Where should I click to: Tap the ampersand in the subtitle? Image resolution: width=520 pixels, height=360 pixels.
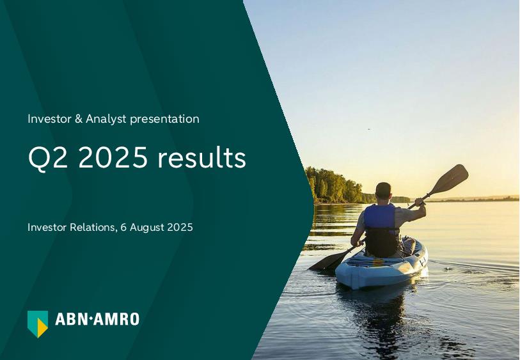click(x=78, y=119)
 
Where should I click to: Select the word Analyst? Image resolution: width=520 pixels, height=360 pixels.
click(x=106, y=119)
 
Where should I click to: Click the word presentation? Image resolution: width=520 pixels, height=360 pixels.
click(x=164, y=120)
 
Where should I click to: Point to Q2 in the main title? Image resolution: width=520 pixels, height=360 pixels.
click(x=48, y=158)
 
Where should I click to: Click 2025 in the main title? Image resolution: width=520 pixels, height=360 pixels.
click(x=113, y=157)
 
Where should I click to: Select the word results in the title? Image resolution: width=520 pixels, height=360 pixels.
click(x=201, y=157)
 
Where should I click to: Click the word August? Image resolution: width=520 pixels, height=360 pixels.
click(x=147, y=228)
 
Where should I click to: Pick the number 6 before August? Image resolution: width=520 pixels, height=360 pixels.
click(x=123, y=228)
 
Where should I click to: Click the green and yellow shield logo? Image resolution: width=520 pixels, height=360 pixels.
click(x=38, y=324)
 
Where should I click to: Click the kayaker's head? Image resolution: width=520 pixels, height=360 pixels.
click(x=383, y=191)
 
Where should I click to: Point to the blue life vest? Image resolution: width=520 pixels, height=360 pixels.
click(x=380, y=217)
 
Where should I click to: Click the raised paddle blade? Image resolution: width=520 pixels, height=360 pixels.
click(x=450, y=179)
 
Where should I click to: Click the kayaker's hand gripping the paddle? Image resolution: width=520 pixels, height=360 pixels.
click(x=420, y=202)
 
